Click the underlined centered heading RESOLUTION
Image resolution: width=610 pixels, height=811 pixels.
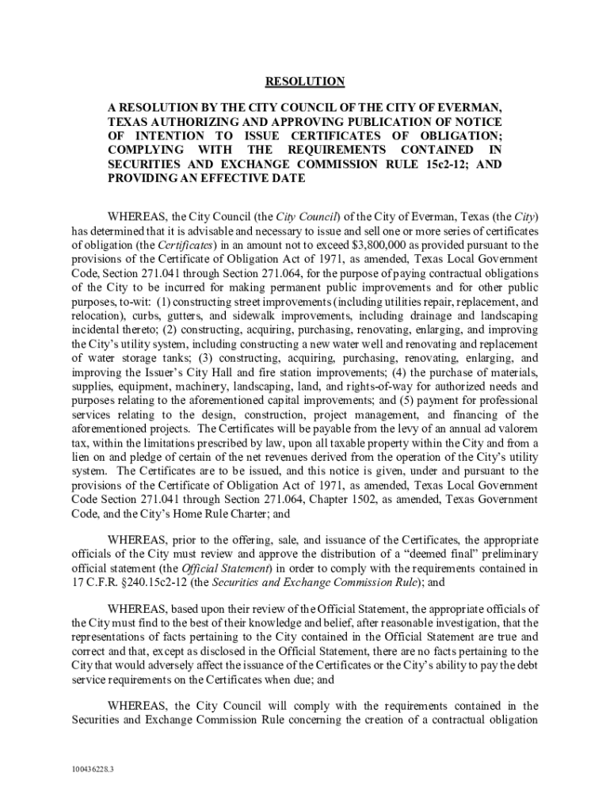[305, 81]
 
